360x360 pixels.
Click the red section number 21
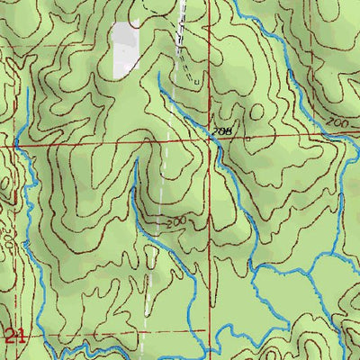click(13, 337)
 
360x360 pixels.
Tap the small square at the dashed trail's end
click(194, 80)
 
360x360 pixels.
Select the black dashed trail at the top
click(185, 27)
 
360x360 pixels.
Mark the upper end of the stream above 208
click(158, 74)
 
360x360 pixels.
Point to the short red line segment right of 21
click(54, 331)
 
